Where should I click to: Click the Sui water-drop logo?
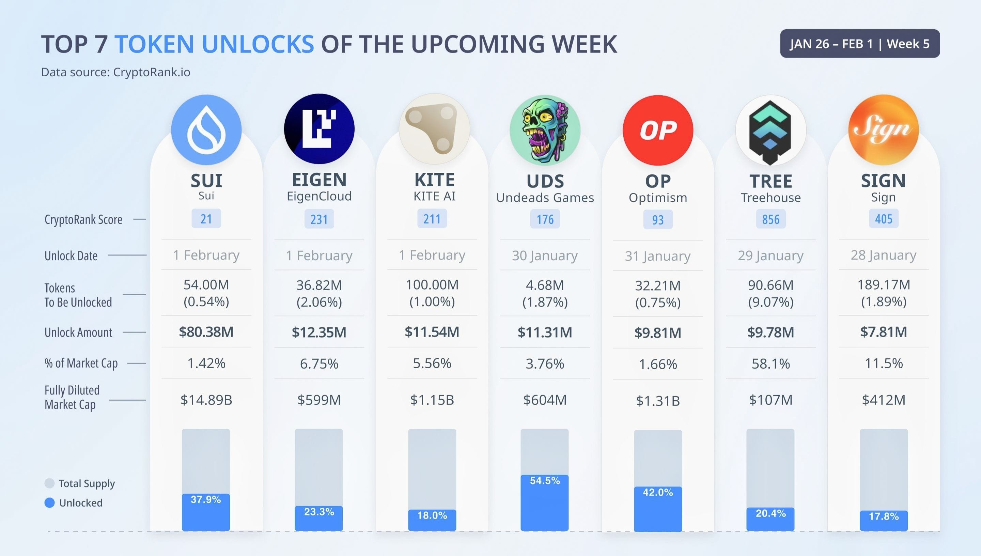pos(206,130)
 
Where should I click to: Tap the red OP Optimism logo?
pos(658,130)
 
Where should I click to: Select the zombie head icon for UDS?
pos(545,130)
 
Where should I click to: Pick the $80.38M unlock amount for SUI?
pos(206,332)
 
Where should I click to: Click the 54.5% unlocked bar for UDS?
pos(544,502)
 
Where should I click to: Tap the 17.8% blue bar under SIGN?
pos(883,520)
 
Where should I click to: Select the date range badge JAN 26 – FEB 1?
pos(860,44)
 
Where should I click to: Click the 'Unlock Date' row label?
pos(71,256)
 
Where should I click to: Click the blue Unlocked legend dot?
pos(50,503)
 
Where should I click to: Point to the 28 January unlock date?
pos(883,255)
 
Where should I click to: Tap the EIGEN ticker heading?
pos(319,180)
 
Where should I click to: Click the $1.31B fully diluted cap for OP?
pos(658,401)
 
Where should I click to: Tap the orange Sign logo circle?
pos(883,130)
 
